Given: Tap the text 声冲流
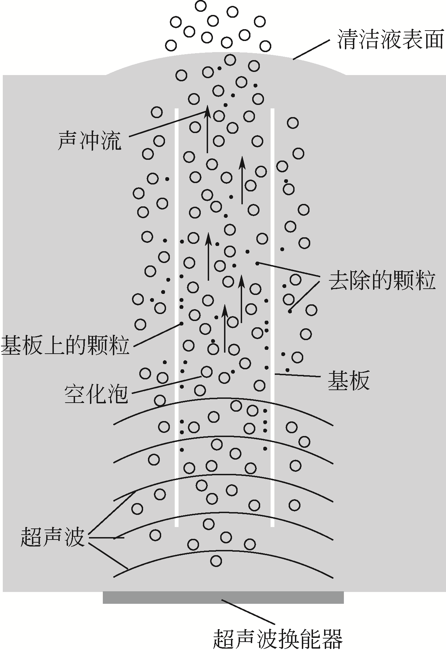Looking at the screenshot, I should [90, 141].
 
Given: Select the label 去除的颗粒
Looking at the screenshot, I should [382, 281].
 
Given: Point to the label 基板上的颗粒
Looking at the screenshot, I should [65, 345].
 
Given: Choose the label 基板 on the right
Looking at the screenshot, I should [348, 381].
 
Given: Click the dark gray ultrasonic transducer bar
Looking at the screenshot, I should [223, 598].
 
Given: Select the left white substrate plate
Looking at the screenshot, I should [176, 313].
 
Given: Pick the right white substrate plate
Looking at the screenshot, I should [272, 313].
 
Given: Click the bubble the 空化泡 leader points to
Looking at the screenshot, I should [207, 372].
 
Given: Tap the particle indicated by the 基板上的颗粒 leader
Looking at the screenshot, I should [181, 324].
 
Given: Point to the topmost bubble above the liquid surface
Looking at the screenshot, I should [201, 6].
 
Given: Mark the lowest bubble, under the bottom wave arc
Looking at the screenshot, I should [216, 560].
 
